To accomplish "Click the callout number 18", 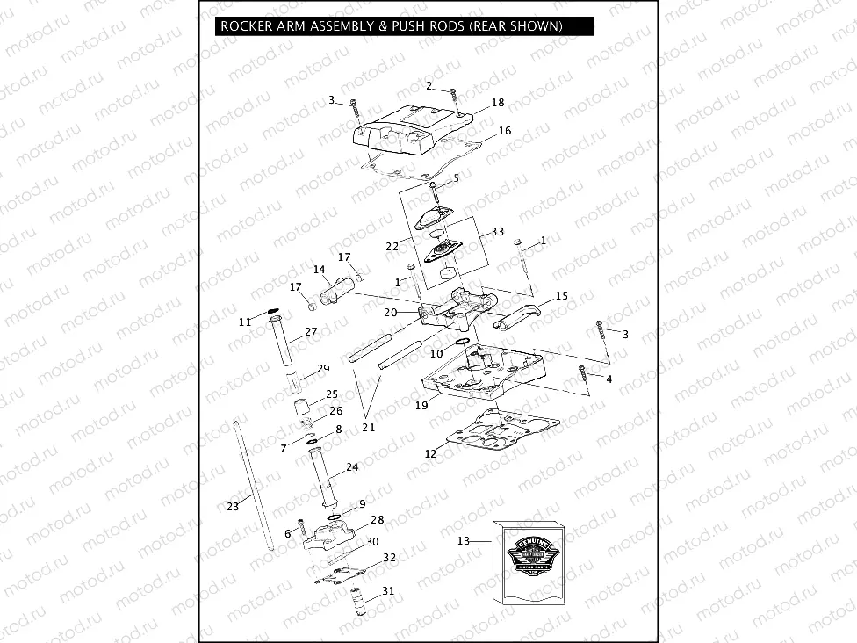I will click(x=498, y=103).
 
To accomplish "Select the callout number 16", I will click(x=504, y=131).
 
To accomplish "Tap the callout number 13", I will click(x=464, y=541).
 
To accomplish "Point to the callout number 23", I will click(x=232, y=507).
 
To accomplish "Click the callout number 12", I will click(x=430, y=454).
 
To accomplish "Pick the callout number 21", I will click(x=369, y=428).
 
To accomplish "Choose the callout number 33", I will click(x=498, y=232).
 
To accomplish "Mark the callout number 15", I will click(x=561, y=296).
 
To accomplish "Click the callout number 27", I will click(x=311, y=332).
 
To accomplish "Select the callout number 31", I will click(x=388, y=590).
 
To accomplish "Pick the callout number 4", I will click(x=609, y=379).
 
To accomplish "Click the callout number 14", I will click(x=319, y=270).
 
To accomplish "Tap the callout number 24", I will click(x=352, y=467).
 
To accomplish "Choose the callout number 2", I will click(x=429, y=85).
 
